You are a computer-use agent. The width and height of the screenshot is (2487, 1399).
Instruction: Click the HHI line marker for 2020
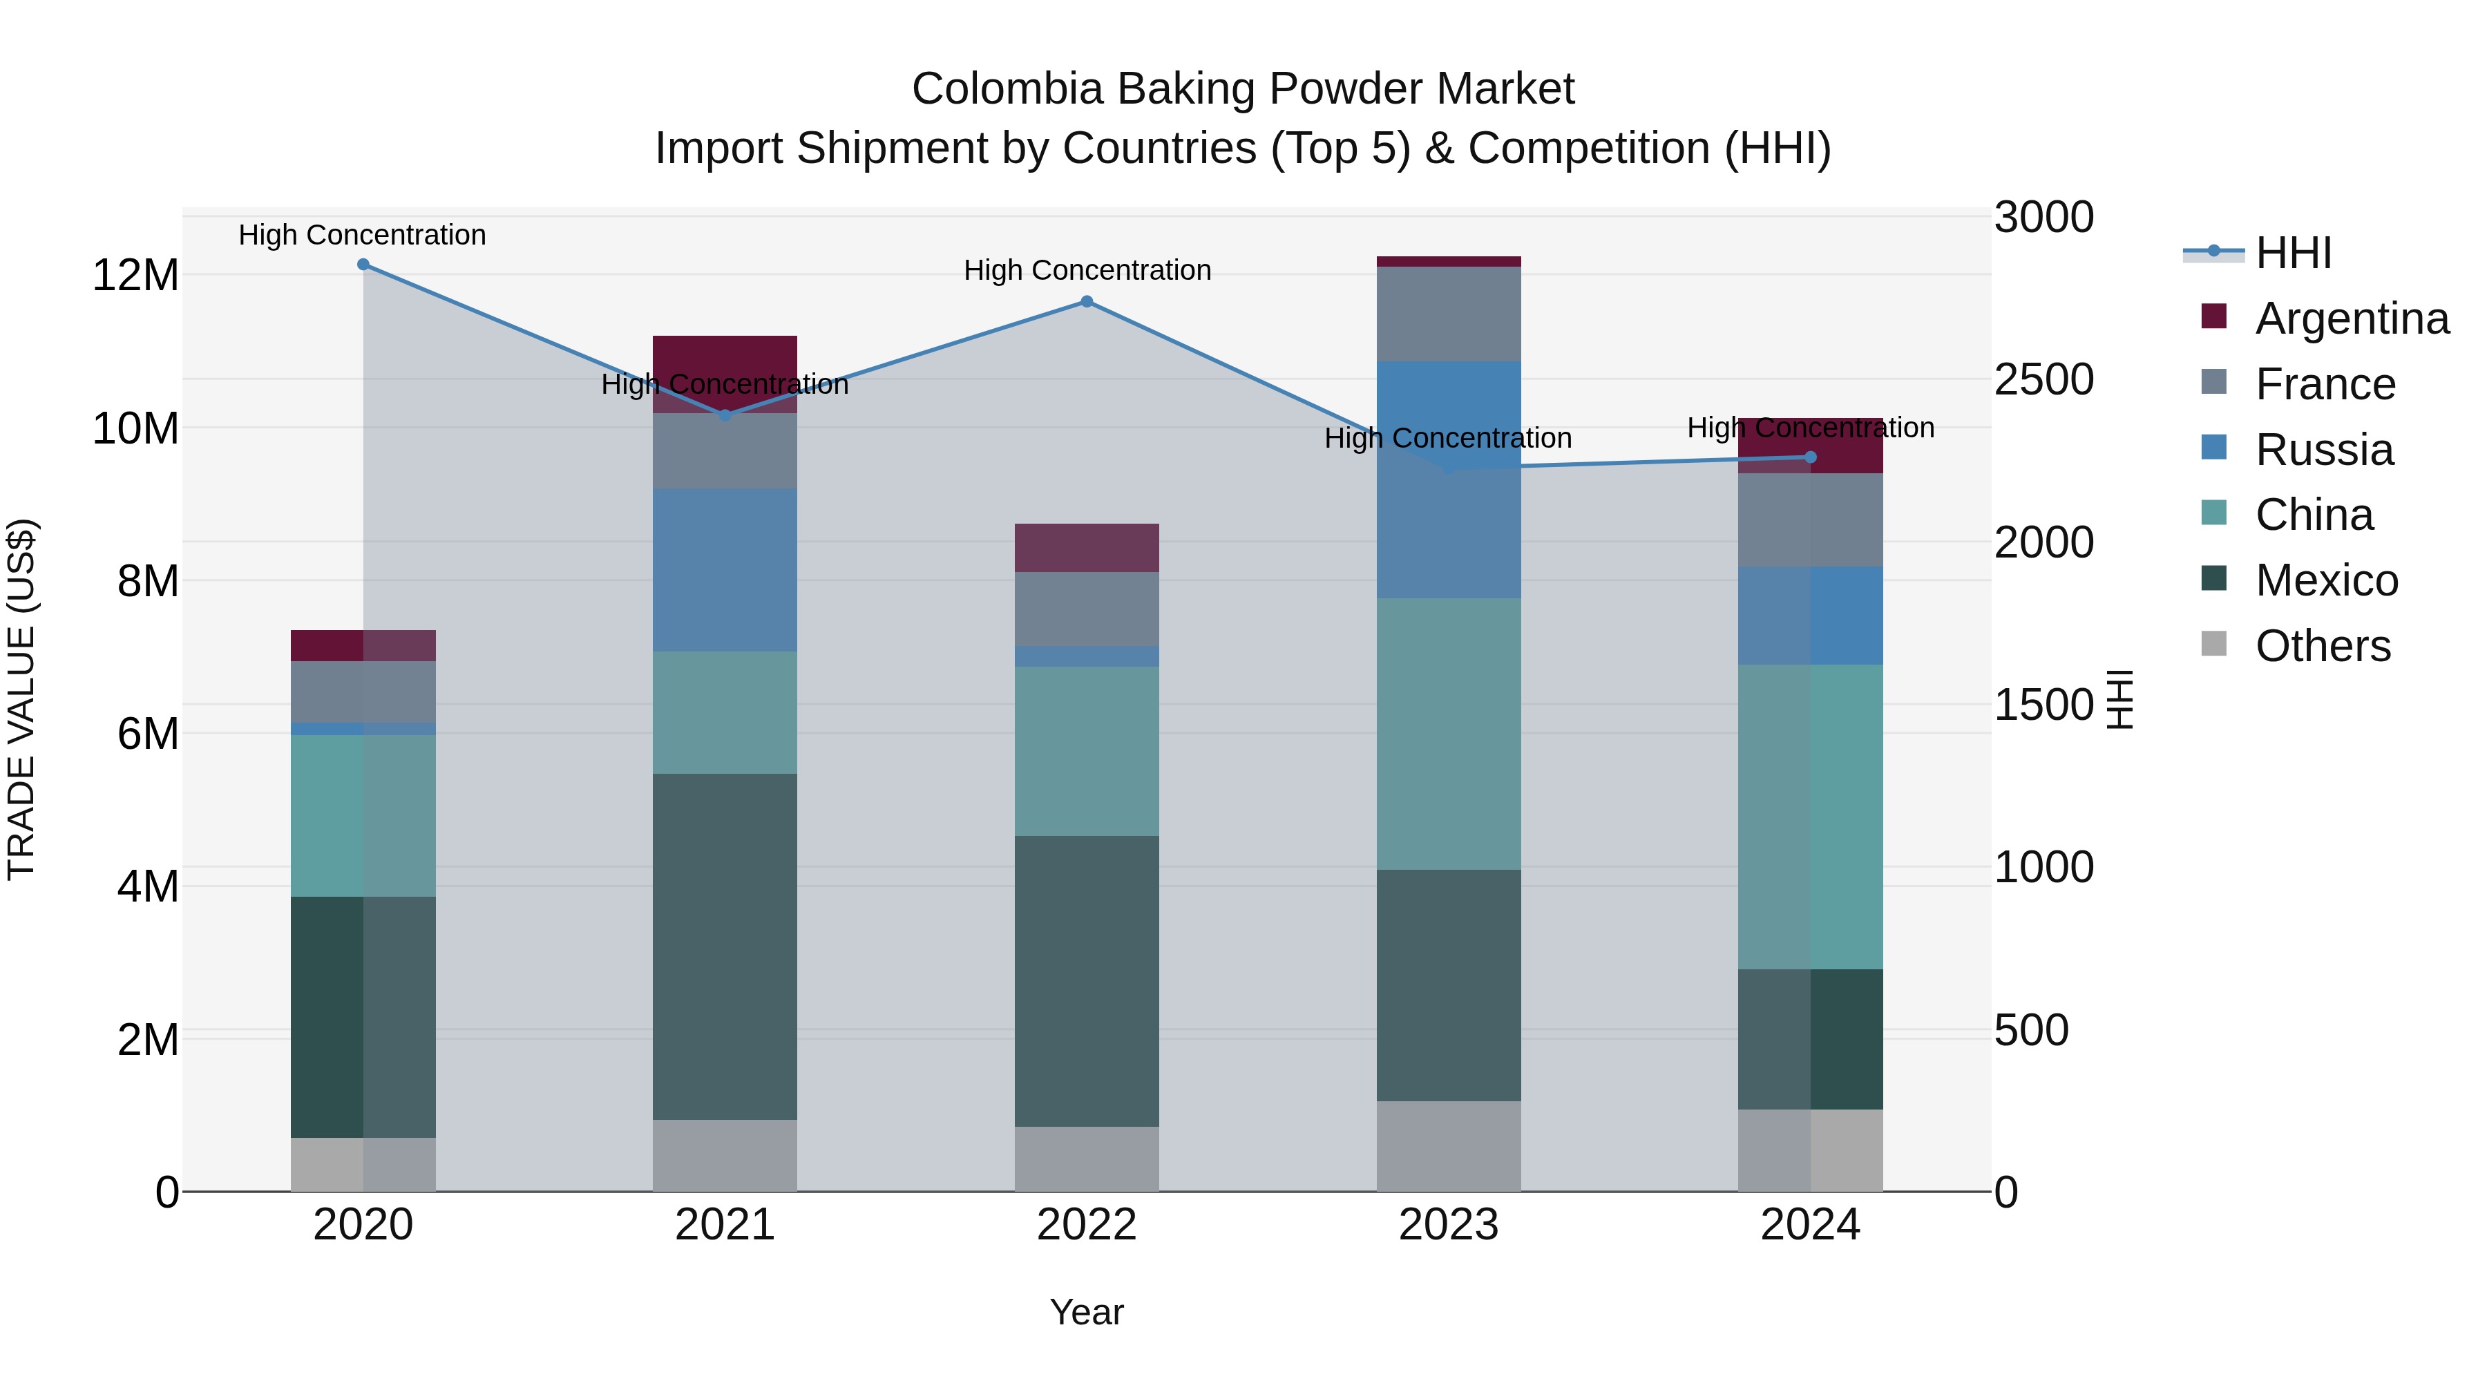pos(363,265)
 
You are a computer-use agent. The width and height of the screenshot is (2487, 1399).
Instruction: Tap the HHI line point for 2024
pos(1810,457)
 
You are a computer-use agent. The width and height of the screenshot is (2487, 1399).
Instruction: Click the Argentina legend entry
pos(2351,318)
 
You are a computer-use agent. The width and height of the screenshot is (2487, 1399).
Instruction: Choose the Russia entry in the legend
pos(2324,450)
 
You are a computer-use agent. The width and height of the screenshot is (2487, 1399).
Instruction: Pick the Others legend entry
pos(2322,646)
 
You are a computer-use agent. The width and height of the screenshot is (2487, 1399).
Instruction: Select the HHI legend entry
pos(2293,253)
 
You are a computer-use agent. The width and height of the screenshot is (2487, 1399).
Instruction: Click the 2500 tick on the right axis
pos(2044,379)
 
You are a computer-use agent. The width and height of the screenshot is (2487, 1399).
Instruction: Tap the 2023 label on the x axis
pos(1448,1225)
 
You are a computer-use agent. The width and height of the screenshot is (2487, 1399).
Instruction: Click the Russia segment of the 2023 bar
pos(1448,480)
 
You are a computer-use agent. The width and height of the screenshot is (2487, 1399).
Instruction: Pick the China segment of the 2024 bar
pos(1810,816)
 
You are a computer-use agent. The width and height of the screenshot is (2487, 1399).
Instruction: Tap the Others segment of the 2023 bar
pos(1448,1146)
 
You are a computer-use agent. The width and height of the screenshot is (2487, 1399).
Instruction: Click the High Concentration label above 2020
pos(362,235)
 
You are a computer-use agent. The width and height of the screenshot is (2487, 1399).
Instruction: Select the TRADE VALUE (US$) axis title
pos(21,699)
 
